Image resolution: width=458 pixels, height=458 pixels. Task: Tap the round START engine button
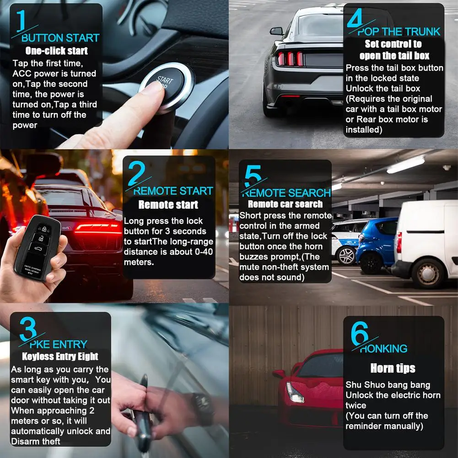click(167, 85)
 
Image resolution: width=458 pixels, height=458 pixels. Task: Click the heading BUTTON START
click(60, 38)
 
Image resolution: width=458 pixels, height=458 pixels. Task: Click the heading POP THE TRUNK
click(399, 32)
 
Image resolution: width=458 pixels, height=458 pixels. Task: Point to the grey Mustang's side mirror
click(277, 31)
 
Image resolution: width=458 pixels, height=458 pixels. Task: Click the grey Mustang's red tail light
click(290, 59)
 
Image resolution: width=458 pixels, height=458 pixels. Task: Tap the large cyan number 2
click(136, 173)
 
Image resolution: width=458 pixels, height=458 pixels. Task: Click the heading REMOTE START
click(173, 191)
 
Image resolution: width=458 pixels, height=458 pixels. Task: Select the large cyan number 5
click(253, 176)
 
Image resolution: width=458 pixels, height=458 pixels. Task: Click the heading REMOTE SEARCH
click(286, 193)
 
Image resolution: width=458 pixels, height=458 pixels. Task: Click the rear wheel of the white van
click(428, 274)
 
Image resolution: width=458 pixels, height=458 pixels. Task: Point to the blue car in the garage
click(377, 244)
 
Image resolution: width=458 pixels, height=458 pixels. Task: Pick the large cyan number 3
click(28, 329)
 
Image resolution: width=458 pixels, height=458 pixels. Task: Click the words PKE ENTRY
click(59, 345)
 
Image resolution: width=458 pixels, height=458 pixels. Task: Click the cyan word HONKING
click(383, 349)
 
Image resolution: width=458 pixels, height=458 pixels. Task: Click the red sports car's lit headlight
click(295, 392)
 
